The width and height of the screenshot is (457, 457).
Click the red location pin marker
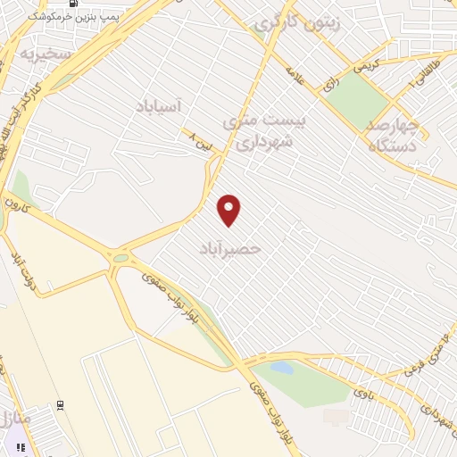point(229,210)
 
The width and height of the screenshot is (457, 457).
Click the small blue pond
point(282,367)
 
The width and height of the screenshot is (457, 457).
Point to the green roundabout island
point(120,258)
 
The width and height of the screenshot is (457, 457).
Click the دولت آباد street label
point(21,267)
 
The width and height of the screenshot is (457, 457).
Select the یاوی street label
point(362,389)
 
